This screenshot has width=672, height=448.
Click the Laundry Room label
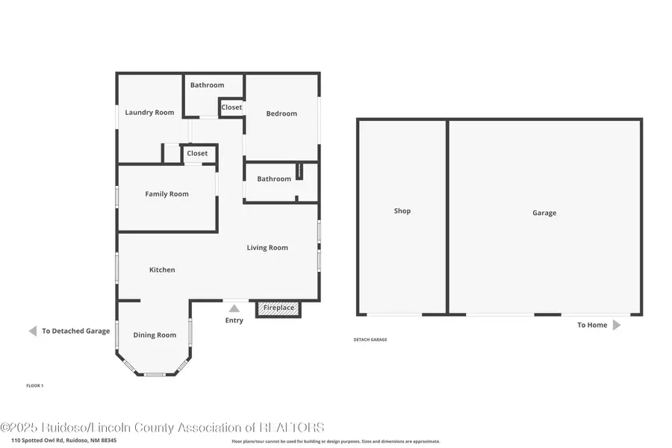click(149, 113)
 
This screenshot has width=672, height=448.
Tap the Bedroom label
click(281, 113)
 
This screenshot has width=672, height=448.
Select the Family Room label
click(167, 194)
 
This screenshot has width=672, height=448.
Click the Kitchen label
click(162, 270)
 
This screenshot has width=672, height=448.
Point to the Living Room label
click(267, 248)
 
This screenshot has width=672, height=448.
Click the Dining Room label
click(155, 335)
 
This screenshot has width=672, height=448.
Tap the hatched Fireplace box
click(279, 308)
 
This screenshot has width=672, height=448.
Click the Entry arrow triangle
click(234, 308)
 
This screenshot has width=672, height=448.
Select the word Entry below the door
click(234, 321)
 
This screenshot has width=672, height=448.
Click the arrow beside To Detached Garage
click(32, 331)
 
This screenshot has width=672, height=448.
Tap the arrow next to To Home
click(616, 325)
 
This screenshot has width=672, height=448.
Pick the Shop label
click(402, 211)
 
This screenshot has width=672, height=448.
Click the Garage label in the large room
click(544, 213)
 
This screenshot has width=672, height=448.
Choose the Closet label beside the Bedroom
click(231, 108)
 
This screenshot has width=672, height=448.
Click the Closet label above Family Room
click(197, 154)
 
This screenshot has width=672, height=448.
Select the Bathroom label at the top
click(207, 85)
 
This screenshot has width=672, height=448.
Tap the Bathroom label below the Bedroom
click(274, 179)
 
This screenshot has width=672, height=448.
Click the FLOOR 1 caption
click(35, 385)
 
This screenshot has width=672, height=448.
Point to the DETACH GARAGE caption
click(370, 340)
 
